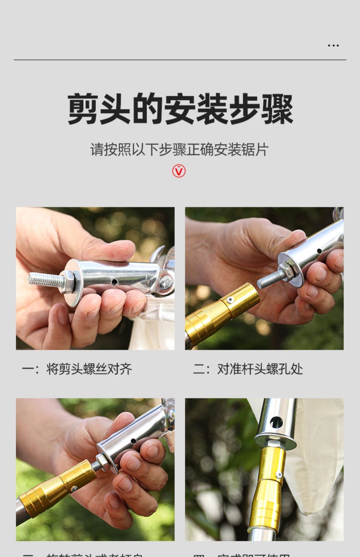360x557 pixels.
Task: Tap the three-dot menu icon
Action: (333, 46)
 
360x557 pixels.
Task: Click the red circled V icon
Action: (179, 171)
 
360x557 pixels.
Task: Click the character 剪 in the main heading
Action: (82, 109)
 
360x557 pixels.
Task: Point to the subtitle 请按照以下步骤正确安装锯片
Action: (179, 150)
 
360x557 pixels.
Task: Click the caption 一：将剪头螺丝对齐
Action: (77, 369)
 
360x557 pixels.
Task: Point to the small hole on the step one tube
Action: (115, 282)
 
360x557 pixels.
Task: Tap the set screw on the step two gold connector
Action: (230, 300)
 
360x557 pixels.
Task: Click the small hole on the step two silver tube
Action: (319, 251)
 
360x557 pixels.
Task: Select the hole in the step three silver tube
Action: (133, 441)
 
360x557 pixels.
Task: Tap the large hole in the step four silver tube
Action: (276, 421)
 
